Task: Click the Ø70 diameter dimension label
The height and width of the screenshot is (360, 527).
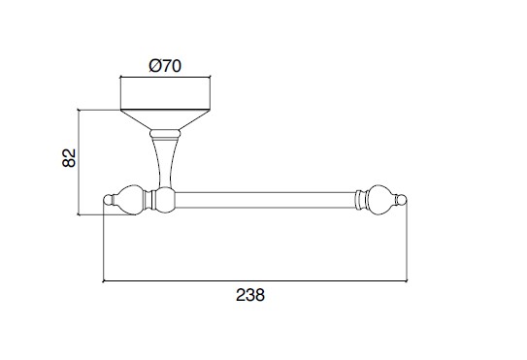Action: click(165, 66)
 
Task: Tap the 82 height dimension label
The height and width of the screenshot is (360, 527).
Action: click(69, 157)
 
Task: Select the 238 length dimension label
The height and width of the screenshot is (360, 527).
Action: click(250, 295)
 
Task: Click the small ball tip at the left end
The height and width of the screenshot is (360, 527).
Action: click(107, 200)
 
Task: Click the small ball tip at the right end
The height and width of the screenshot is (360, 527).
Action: click(402, 200)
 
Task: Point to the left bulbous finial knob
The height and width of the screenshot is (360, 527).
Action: click(129, 200)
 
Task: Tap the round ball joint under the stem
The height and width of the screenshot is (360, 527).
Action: click(166, 200)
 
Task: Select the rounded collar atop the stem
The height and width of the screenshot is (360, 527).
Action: click(165, 134)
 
